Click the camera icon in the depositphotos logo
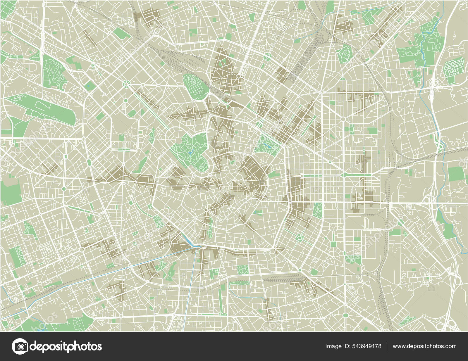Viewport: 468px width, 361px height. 20,346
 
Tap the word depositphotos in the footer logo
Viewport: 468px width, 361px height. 65,346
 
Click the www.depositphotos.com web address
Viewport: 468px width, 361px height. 424,346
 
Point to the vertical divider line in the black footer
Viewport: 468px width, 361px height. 387,346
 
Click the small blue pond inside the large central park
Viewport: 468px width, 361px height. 190,152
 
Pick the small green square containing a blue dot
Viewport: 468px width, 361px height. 88,85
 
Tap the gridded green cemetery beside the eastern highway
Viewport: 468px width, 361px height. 454,66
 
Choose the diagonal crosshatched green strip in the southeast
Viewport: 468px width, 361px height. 407,321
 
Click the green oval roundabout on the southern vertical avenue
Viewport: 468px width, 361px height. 345,315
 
